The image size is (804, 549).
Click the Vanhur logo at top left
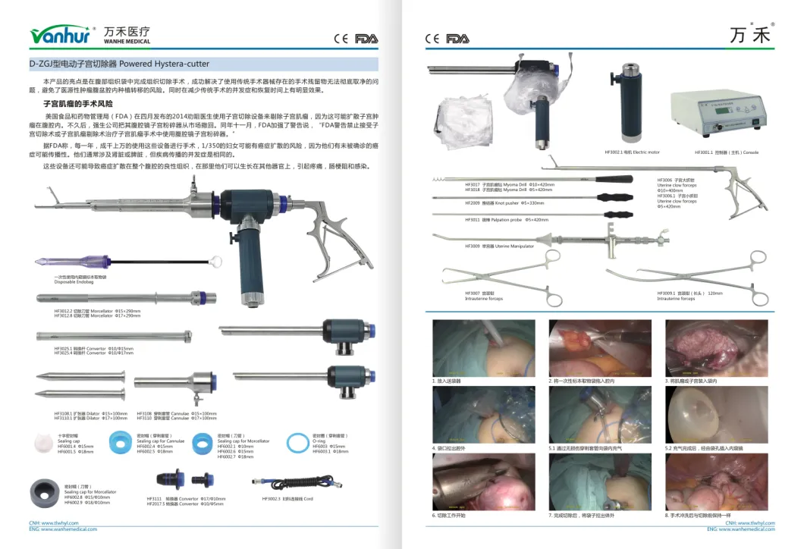coord(60,36)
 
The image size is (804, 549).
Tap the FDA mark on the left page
coord(366,38)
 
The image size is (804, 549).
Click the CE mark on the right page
coord(432,38)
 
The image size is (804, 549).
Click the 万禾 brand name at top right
coord(749,36)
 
